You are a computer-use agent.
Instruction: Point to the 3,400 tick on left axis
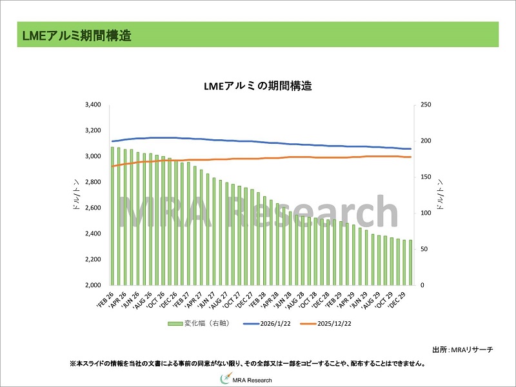click(93, 104)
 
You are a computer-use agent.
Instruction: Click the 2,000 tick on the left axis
click(93, 285)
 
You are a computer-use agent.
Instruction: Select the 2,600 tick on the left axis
click(93, 208)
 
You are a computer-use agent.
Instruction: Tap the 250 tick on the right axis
click(425, 104)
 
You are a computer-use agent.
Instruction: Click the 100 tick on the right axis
click(425, 213)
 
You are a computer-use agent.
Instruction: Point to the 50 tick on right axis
click(424, 249)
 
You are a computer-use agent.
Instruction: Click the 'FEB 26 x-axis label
click(106, 298)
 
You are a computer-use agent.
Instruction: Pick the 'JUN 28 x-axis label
click(282, 298)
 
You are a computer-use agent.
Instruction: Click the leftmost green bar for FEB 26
click(112, 216)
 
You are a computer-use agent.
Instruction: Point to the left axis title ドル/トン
click(77, 195)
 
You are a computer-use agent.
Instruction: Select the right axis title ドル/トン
click(440, 195)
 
